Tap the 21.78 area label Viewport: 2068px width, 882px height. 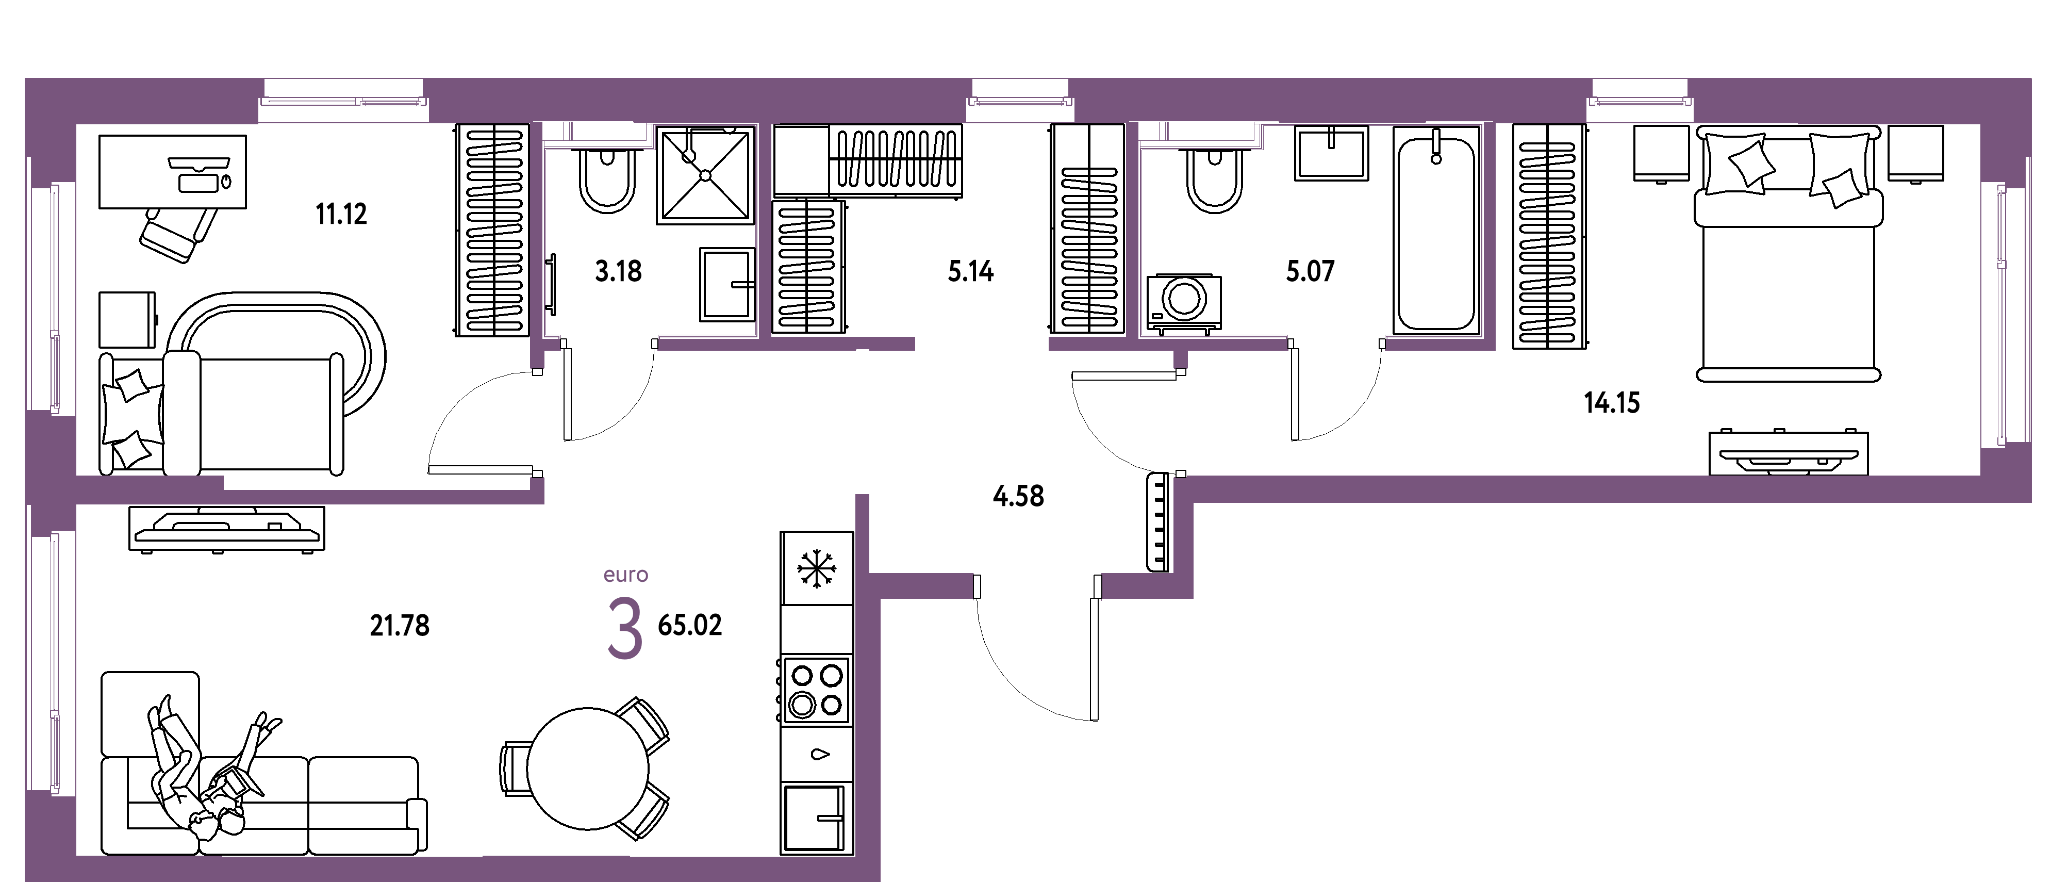(x=400, y=625)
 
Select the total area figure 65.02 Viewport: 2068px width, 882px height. (x=690, y=625)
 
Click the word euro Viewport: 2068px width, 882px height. (x=626, y=575)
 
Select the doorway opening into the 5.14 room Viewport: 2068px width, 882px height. (x=982, y=345)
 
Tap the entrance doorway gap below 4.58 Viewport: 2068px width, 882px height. (x=1037, y=586)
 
